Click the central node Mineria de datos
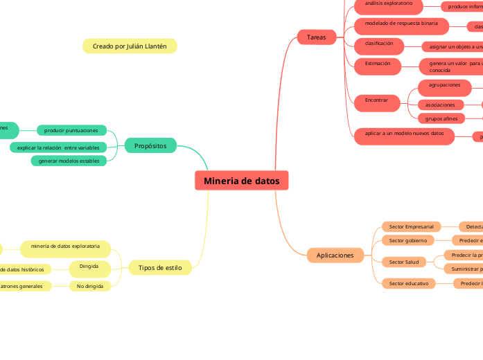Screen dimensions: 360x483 click(241, 181)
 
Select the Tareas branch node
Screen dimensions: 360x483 click(316, 37)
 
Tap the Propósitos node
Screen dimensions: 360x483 click(150, 145)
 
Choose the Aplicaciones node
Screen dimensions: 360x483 click(335, 255)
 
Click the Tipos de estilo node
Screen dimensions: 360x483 click(160, 267)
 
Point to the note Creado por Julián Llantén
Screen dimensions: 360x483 click(130, 46)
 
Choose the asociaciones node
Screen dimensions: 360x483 click(441, 105)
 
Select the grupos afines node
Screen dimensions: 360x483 click(441, 118)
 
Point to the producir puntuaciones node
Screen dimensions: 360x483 click(71, 130)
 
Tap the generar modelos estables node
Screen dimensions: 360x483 click(69, 161)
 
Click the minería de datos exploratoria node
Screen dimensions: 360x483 click(65, 247)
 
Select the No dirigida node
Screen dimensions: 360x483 click(90, 286)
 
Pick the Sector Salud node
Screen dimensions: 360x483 click(403, 262)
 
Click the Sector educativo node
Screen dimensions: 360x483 click(408, 283)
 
